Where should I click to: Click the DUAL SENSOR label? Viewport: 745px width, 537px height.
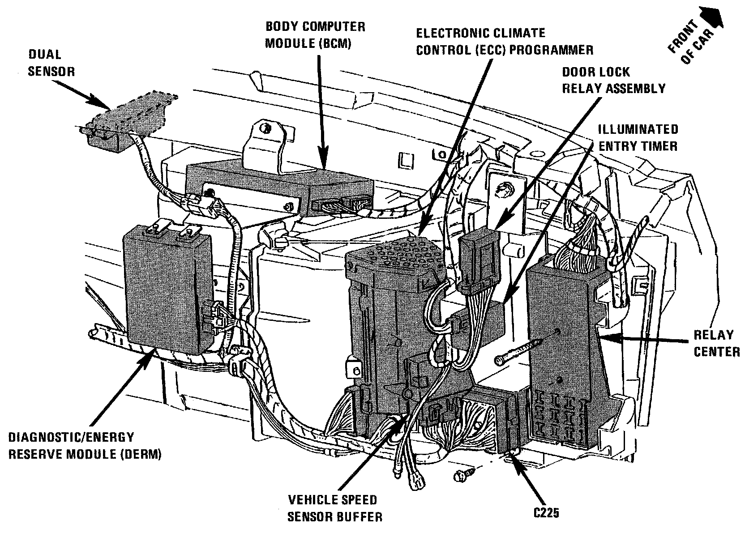tap(51, 63)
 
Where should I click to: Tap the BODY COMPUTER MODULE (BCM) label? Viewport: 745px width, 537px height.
tap(315, 34)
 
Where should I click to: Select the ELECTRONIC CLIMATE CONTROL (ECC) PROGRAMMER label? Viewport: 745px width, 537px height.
tap(504, 41)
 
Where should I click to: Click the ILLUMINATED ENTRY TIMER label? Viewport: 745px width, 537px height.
tap(638, 137)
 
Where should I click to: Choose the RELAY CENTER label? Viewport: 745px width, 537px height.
tap(716, 343)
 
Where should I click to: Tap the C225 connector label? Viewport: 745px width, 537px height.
tap(546, 513)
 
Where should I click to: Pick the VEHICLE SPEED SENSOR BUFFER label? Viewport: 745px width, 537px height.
tap(334, 508)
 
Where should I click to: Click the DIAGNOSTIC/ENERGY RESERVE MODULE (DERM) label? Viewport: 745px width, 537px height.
tap(85, 445)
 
